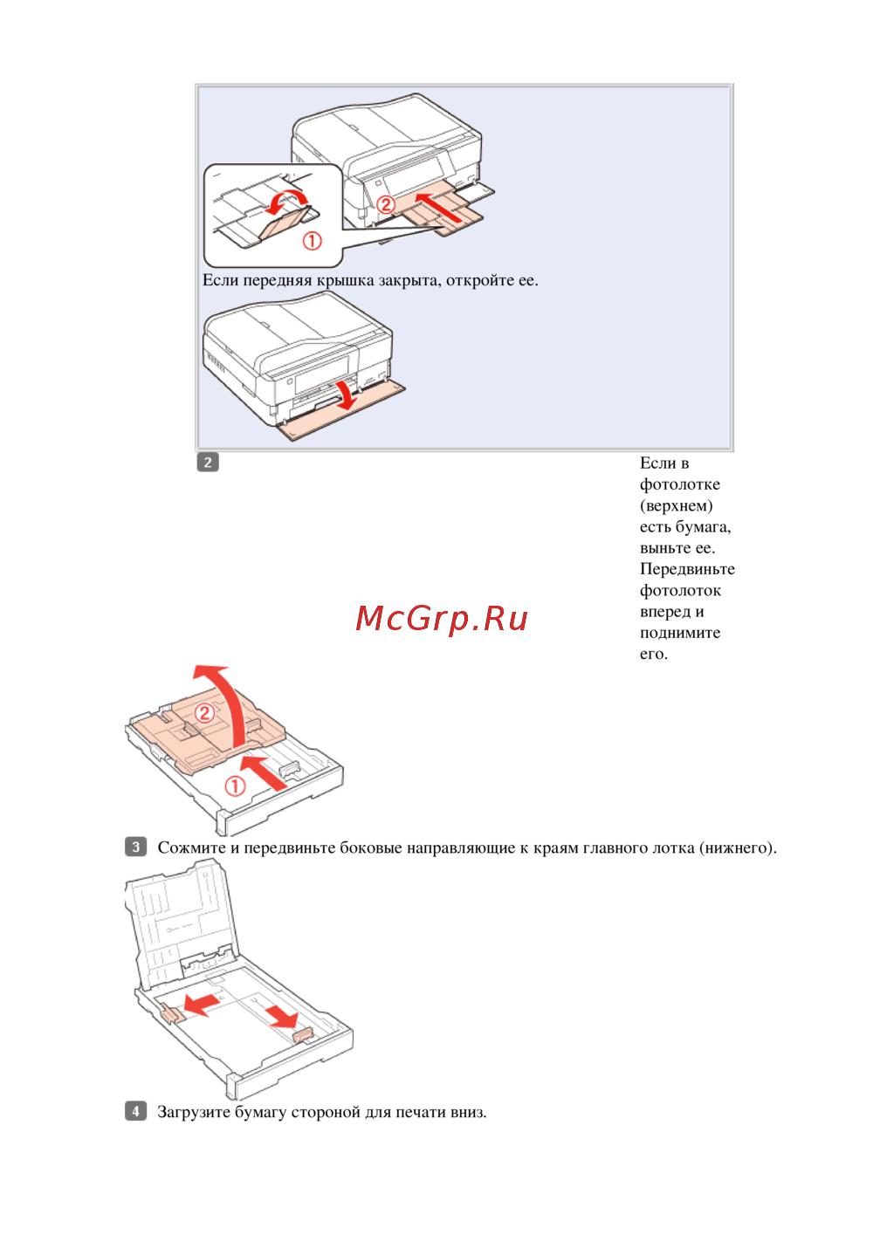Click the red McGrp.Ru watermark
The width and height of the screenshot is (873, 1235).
click(442, 619)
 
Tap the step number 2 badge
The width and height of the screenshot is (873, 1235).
click(208, 463)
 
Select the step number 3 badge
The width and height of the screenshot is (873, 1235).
click(135, 847)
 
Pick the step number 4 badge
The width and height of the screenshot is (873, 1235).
click(135, 1111)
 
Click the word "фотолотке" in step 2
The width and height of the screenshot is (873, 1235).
click(679, 484)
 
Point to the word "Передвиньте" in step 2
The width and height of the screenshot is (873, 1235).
click(687, 569)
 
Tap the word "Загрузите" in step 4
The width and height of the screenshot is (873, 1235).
click(194, 1112)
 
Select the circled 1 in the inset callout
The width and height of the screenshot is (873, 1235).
click(312, 240)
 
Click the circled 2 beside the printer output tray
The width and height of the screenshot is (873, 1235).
click(386, 204)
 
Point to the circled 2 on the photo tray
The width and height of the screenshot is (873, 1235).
click(204, 712)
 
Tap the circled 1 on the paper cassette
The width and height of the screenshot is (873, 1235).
click(235, 786)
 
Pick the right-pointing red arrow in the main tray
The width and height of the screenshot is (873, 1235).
click(282, 1015)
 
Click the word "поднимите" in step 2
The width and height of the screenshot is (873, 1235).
click(680, 633)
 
